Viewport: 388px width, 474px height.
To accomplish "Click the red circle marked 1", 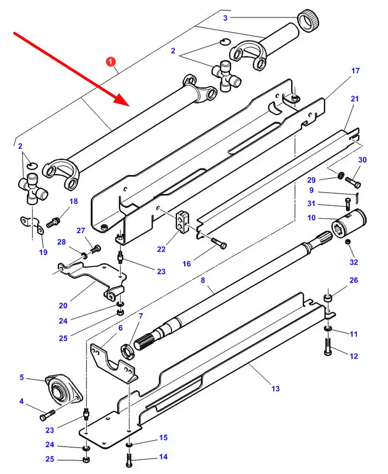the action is tap(111, 62).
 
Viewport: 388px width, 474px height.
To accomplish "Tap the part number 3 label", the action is tap(225, 18).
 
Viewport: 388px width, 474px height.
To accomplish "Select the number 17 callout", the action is tap(356, 71).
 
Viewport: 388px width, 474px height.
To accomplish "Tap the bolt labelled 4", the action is tap(48, 415).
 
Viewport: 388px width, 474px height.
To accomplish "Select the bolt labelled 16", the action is tap(219, 243).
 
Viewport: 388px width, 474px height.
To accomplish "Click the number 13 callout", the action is tap(275, 389).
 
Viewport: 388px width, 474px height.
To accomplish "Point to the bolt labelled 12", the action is tap(328, 346).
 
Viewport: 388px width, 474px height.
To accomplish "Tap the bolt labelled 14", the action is tap(129, 459).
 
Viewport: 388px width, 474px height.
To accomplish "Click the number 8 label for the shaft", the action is tap(203, 280).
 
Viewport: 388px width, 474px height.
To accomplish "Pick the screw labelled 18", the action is tap(54, 223).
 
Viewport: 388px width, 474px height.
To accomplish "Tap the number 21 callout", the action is tap(355, 99).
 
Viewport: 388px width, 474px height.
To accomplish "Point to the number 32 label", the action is tap(354, 262).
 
